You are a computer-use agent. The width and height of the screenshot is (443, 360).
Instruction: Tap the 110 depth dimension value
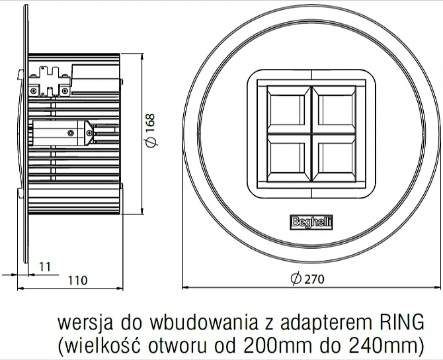tap(77, 280)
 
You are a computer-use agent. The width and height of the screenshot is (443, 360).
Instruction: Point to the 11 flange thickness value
tap(45, 266)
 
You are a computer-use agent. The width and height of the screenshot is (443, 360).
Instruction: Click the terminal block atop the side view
tap(51, 77)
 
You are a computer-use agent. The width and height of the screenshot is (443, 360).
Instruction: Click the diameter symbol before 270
tap(296, 279)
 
